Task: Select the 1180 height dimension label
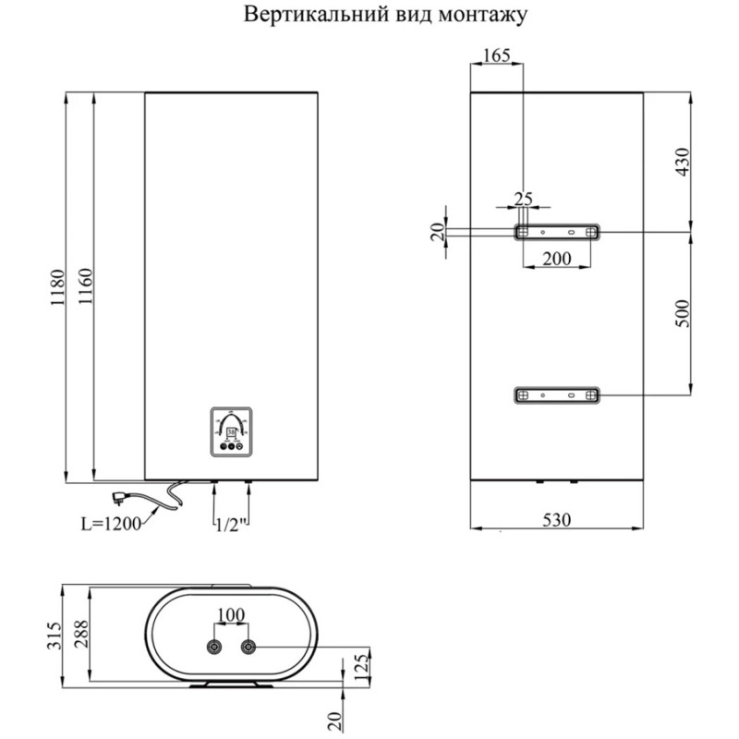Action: coord(56,289)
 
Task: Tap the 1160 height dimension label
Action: coord(84,289)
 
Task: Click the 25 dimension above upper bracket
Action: coord(524,198)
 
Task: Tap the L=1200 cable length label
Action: coord(109,524)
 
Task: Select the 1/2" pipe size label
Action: coord(232,524)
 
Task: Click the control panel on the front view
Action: coord(231,431)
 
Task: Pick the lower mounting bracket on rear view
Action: coord(556,395)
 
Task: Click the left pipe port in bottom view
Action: coord(215,648)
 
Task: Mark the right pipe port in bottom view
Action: coord(248,648)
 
